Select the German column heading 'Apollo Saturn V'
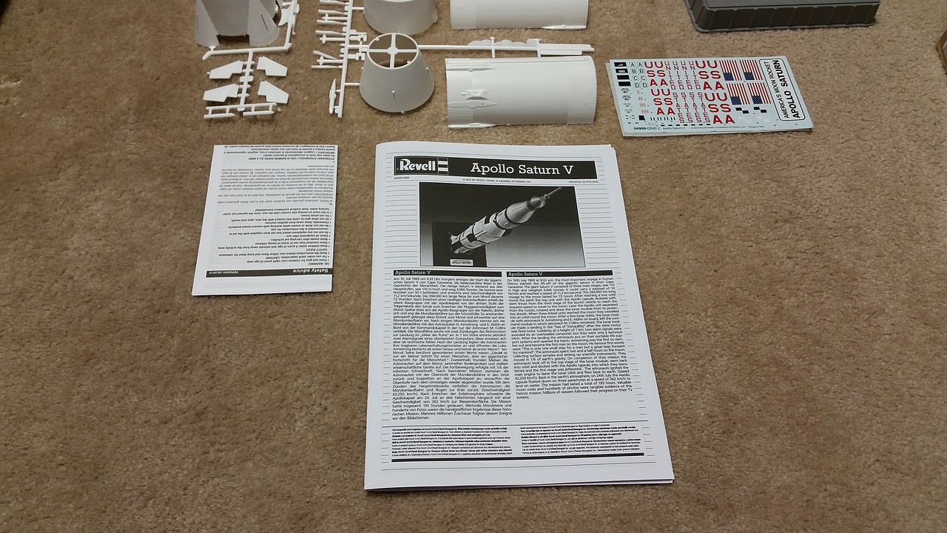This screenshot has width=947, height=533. point(422,273)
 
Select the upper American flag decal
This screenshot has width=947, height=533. point(741,71)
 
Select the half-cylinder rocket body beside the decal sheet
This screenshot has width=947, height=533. point(519,91)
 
